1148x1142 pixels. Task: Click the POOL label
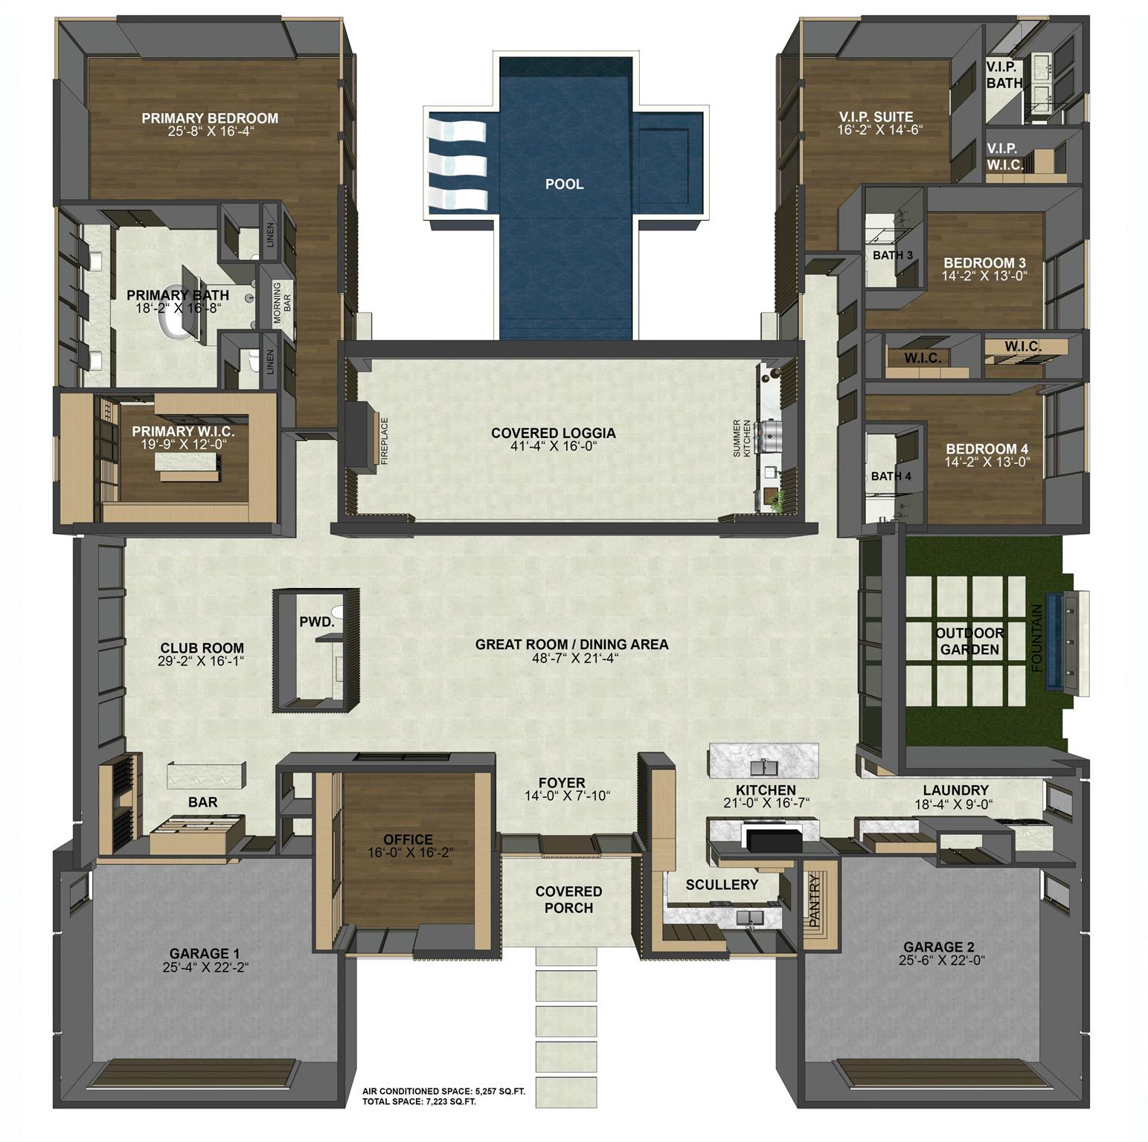(564, 184)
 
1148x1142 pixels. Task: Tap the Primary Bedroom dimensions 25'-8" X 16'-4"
(210, 132)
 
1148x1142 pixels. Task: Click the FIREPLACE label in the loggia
(385, 441)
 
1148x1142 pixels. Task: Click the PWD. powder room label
(316, 622)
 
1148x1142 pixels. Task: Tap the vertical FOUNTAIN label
(1039, 639)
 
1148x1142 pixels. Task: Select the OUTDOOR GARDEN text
(969, 641)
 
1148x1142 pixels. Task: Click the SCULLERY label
(721, 884)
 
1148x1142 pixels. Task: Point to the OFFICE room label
(408, 839)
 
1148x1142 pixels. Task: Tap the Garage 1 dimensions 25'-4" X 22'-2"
(205, 967)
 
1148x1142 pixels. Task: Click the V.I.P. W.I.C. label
(1004, 157)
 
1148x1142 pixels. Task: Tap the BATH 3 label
(892, 255)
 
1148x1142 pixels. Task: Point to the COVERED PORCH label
(568, 899)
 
